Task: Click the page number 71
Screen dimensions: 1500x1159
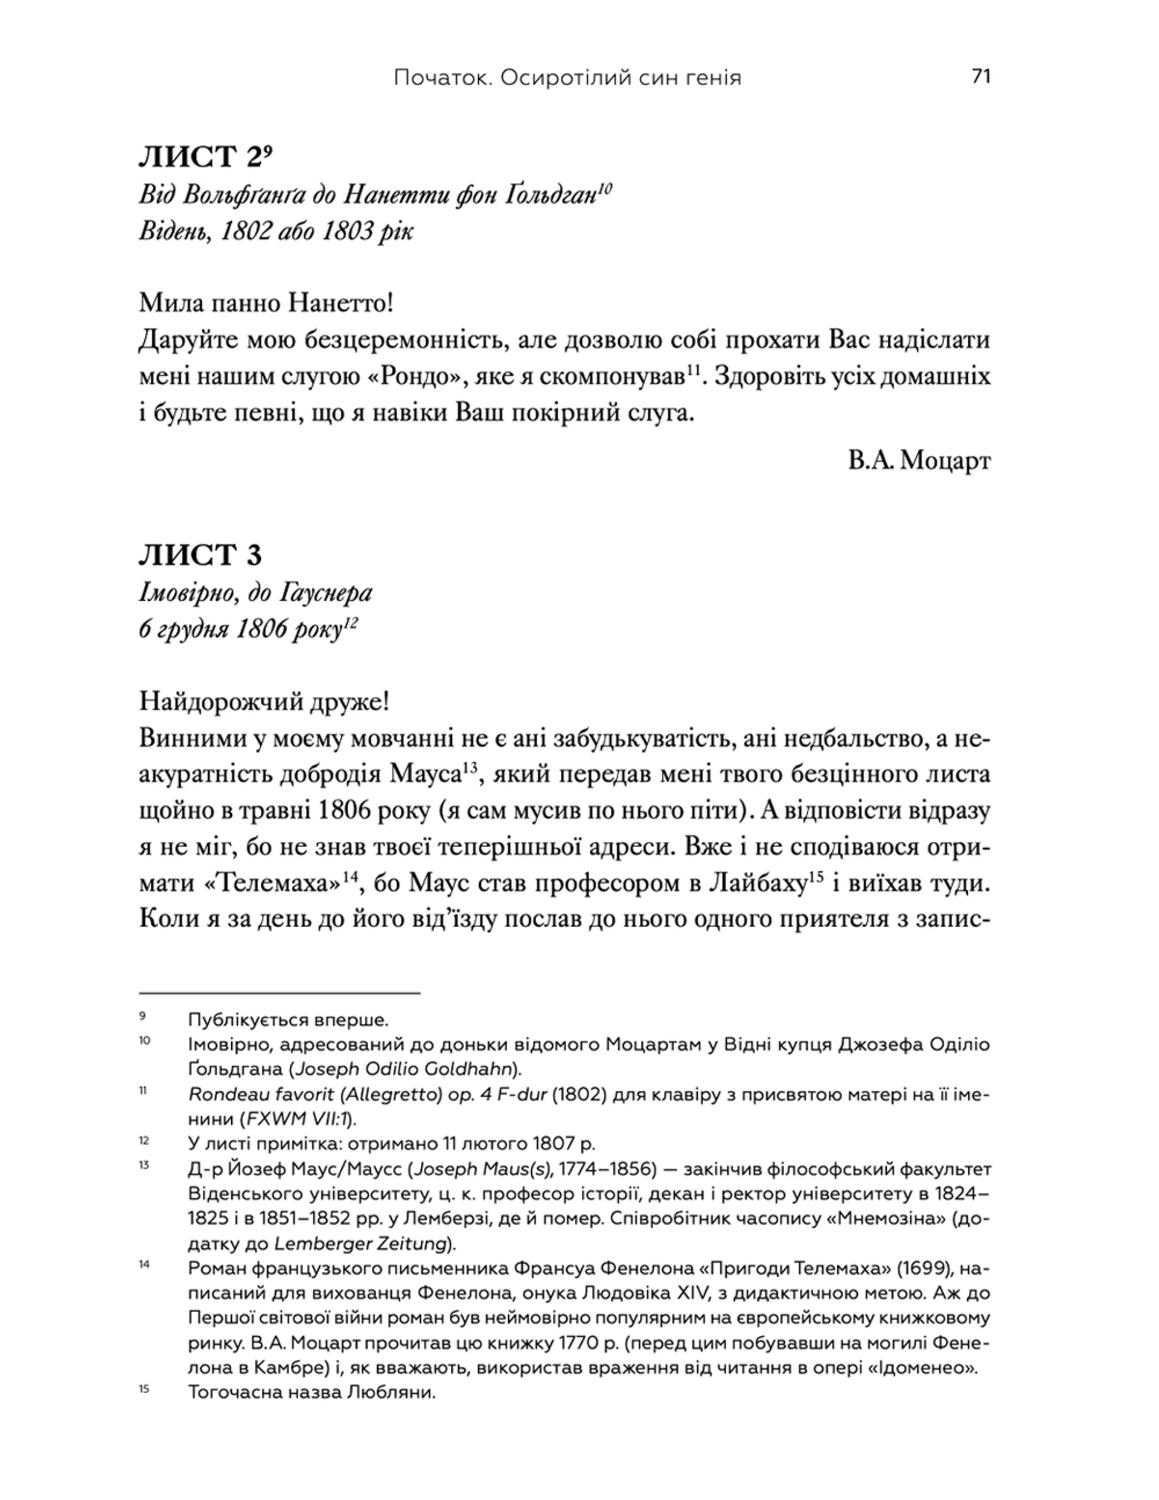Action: pyautogui.click(x=981, y=76)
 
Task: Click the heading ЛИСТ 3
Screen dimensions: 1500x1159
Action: pyautogui.click(x=200, y=555)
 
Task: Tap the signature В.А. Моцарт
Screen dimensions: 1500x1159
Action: pyautogui.click(x=919, y=460)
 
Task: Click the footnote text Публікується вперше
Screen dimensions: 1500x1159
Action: pyautogui.click(x=289, y=1020)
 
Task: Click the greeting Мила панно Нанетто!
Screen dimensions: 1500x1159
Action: pyautogui.click(x=266, y=303)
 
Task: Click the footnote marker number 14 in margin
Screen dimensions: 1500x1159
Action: pyautogui.click(x=144, y=1264)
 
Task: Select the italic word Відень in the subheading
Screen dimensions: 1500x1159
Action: pyautogui.click(x=173, y=231)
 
